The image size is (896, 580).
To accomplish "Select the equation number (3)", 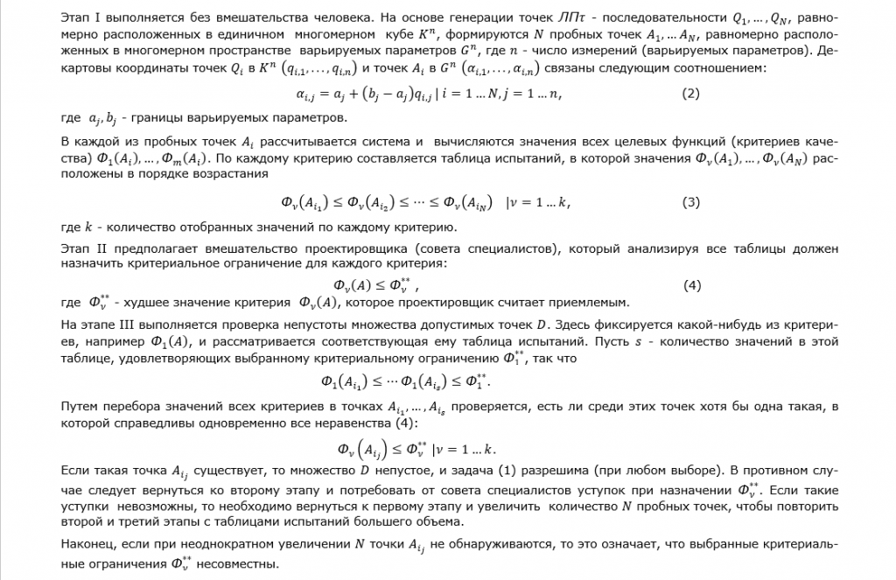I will click(690, 203).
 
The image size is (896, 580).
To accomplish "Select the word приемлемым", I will click(590, 304).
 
